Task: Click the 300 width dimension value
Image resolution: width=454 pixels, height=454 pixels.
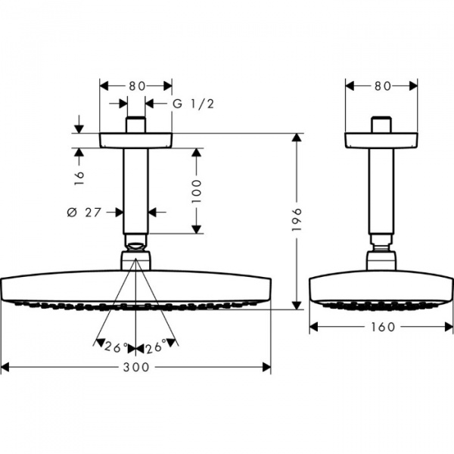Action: point(135,367)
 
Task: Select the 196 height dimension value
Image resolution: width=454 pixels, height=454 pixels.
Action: point(297,220)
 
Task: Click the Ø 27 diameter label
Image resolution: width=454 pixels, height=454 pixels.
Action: point(84,213)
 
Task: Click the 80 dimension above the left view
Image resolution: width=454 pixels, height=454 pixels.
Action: point(136,86)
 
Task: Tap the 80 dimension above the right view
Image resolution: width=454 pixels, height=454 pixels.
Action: point(382,86)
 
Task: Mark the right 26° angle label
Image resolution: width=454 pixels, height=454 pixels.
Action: point(156,348)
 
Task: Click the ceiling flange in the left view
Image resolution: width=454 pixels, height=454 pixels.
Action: point(136,140)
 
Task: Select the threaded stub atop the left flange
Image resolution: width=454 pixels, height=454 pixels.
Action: point(136,126)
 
